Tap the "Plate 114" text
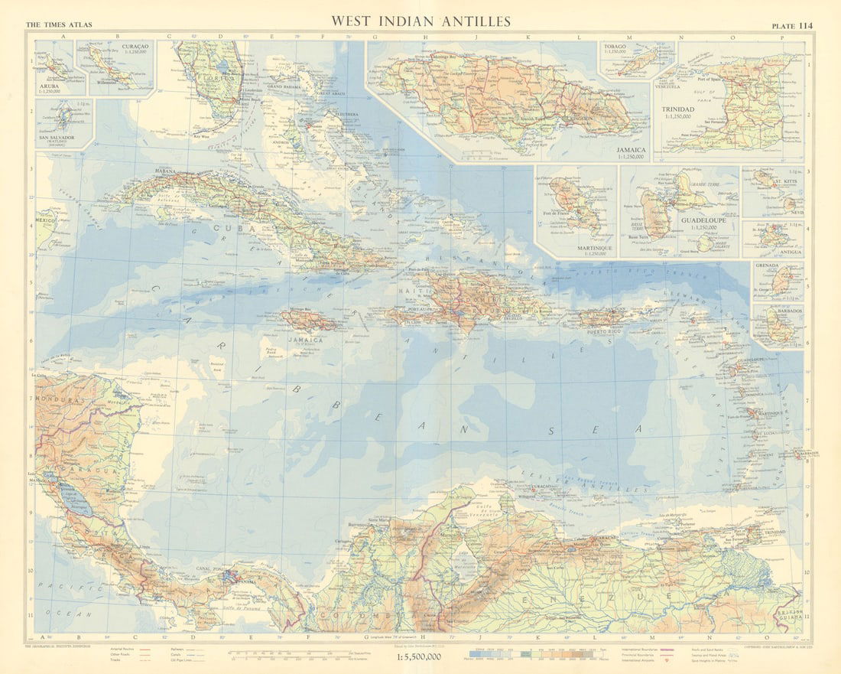tap(792, 25)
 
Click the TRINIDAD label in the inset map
tap(678, 109)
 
